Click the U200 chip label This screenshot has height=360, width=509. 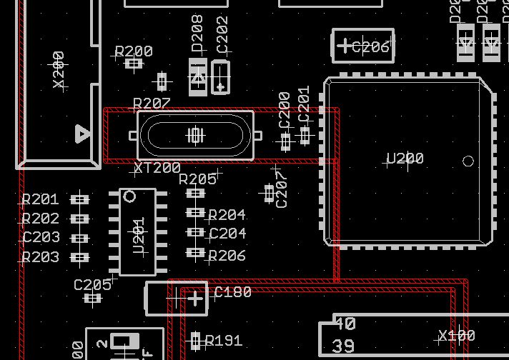pyautogui.click(x=405, y=159)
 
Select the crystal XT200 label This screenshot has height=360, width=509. pyautogui.click(x=157, y=169)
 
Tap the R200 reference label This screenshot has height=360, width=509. pyautogui.click(x=134, y=51)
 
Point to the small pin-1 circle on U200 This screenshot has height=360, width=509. pyautogui.click(x=468, y=161)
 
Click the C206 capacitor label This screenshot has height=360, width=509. pyautogui.click(x=370, y=48)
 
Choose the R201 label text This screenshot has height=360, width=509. pyautogui.click(x=40, y=200)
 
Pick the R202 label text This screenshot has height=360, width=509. pyautogui.click(x=40, y=219)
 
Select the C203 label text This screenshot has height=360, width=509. pyautogui.click(x=41, y=238)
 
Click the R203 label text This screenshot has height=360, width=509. pyautogui.click(x=40, y=257)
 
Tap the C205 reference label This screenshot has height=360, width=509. pyautogui.click(x=92, y=285)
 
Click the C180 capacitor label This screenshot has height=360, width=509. pyautogui.click(x=233, y=292)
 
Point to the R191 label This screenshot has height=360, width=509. pyautogui.click(x=224, y=341)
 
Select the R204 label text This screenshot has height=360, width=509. pyautogui.click(x=227, y=215)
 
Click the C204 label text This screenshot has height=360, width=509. pyautogui.click(x=227, y=234)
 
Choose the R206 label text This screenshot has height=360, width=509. pyautogui.click(x=227, y=256)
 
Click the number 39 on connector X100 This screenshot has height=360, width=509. pyautogui.click(x=344, y=346)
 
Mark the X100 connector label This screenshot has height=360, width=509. pyautogui.click(x=456, y=336)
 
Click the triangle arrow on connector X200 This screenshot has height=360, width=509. pyautogui.click(x=83, y=134)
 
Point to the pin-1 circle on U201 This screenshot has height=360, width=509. pyautogui.click(x=129, y=196)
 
